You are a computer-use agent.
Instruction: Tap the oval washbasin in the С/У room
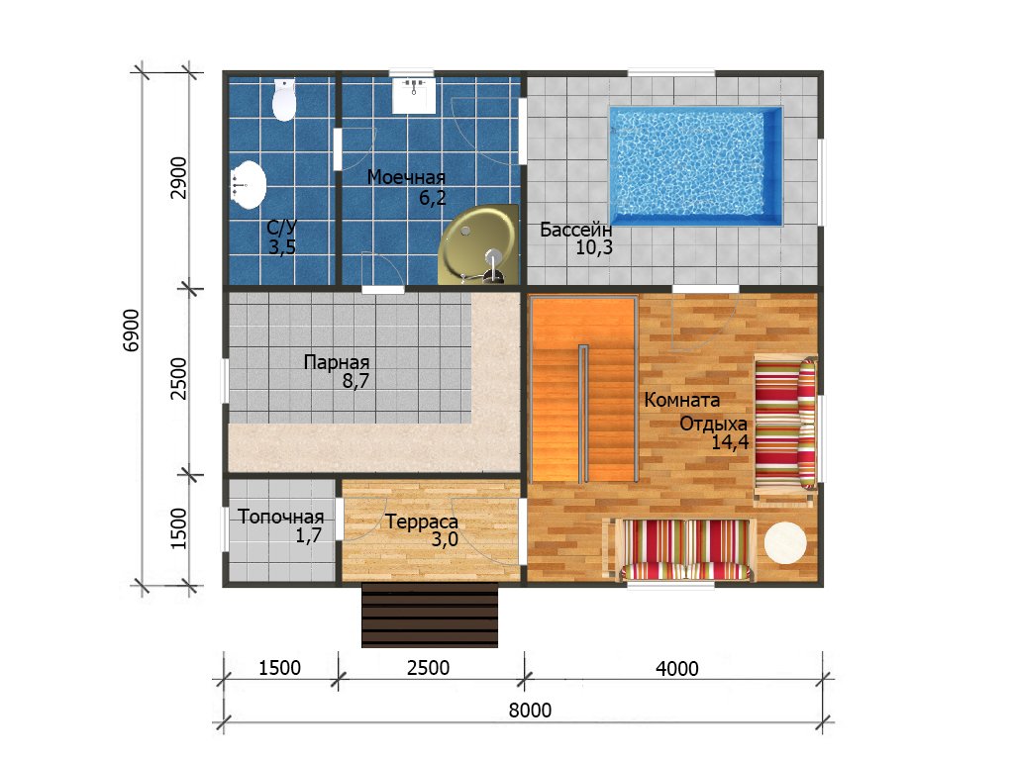[249, 185]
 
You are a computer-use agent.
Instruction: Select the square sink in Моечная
[414, 96]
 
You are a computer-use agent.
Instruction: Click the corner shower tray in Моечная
[479, 245]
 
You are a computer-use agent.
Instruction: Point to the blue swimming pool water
[696, 166]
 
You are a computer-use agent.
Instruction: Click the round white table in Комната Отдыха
[785, 542]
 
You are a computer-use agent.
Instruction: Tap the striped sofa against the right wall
[785, 425]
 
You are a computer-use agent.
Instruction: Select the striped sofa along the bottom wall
[683, 548]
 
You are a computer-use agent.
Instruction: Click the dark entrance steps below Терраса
[430, 615]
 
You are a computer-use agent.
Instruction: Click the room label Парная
[337, 362]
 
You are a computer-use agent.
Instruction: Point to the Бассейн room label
[575, 230]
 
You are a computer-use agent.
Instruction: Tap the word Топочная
[280, 517]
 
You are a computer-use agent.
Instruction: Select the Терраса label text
[422, 522]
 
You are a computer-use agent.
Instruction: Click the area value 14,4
[730, 442]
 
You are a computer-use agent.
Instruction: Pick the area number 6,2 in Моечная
[433, 197]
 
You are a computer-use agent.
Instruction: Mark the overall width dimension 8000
[530, 711]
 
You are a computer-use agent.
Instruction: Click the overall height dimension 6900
[132, 330]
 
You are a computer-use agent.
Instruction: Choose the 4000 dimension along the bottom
[677, 668]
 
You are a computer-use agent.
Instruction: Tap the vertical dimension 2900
[178, 178]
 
